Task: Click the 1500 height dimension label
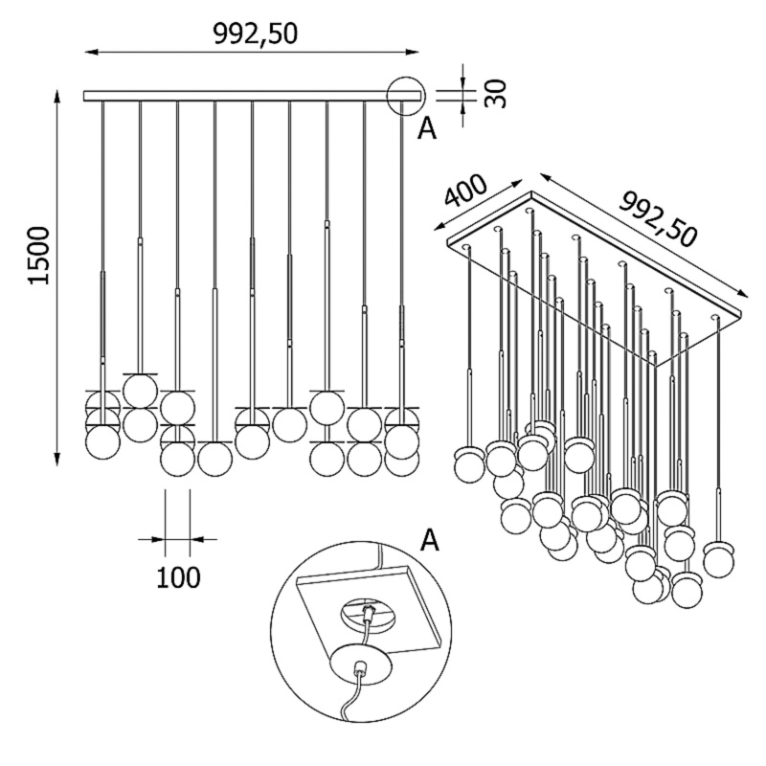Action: tap(36, 256)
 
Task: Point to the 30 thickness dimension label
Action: tap(495, 93)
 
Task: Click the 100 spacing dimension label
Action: tap(177, 577)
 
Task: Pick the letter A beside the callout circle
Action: tap(427, 128)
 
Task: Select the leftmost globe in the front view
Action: tap(102, 442)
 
